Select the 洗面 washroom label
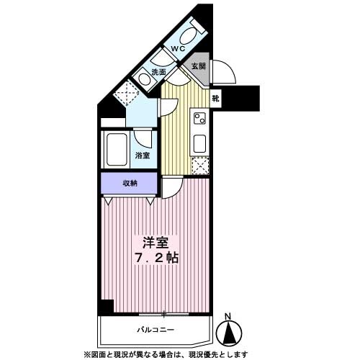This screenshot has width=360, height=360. [x=158, y=72]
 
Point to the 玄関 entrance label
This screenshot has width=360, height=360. [x=198, y=65]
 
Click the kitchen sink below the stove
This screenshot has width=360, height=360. [x=200, y=143]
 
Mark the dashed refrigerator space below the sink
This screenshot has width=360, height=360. [x=200, y=166]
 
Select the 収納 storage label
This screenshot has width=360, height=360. [x=129, y=184]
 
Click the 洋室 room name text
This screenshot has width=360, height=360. [x=154, y=243]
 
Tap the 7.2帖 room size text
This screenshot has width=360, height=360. [x=155, y=258]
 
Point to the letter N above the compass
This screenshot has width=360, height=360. [x=228, y=317]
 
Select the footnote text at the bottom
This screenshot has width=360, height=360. [x=166, y=354]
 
